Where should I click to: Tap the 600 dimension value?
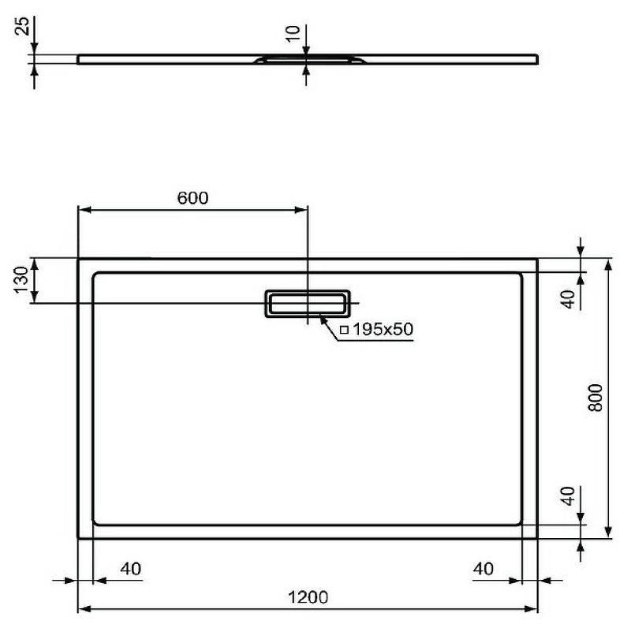(x=192, y=198)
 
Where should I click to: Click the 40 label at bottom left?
(x=131, y=569)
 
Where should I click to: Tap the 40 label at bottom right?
(x=485, y=569)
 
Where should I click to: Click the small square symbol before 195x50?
(x=343, y=330)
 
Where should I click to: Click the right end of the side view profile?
(x=538, y=58)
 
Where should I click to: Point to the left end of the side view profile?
(x=80, y=57)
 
